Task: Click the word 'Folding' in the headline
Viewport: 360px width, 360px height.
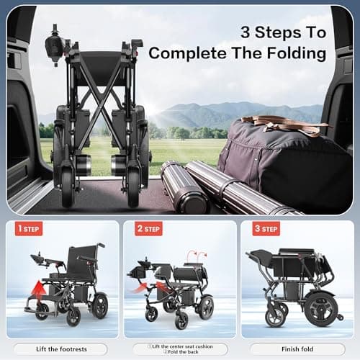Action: tap(296, 53)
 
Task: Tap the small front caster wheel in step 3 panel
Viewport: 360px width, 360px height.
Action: tap(275, 315)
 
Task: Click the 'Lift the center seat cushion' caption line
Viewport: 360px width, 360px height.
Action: tap(179, 346)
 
